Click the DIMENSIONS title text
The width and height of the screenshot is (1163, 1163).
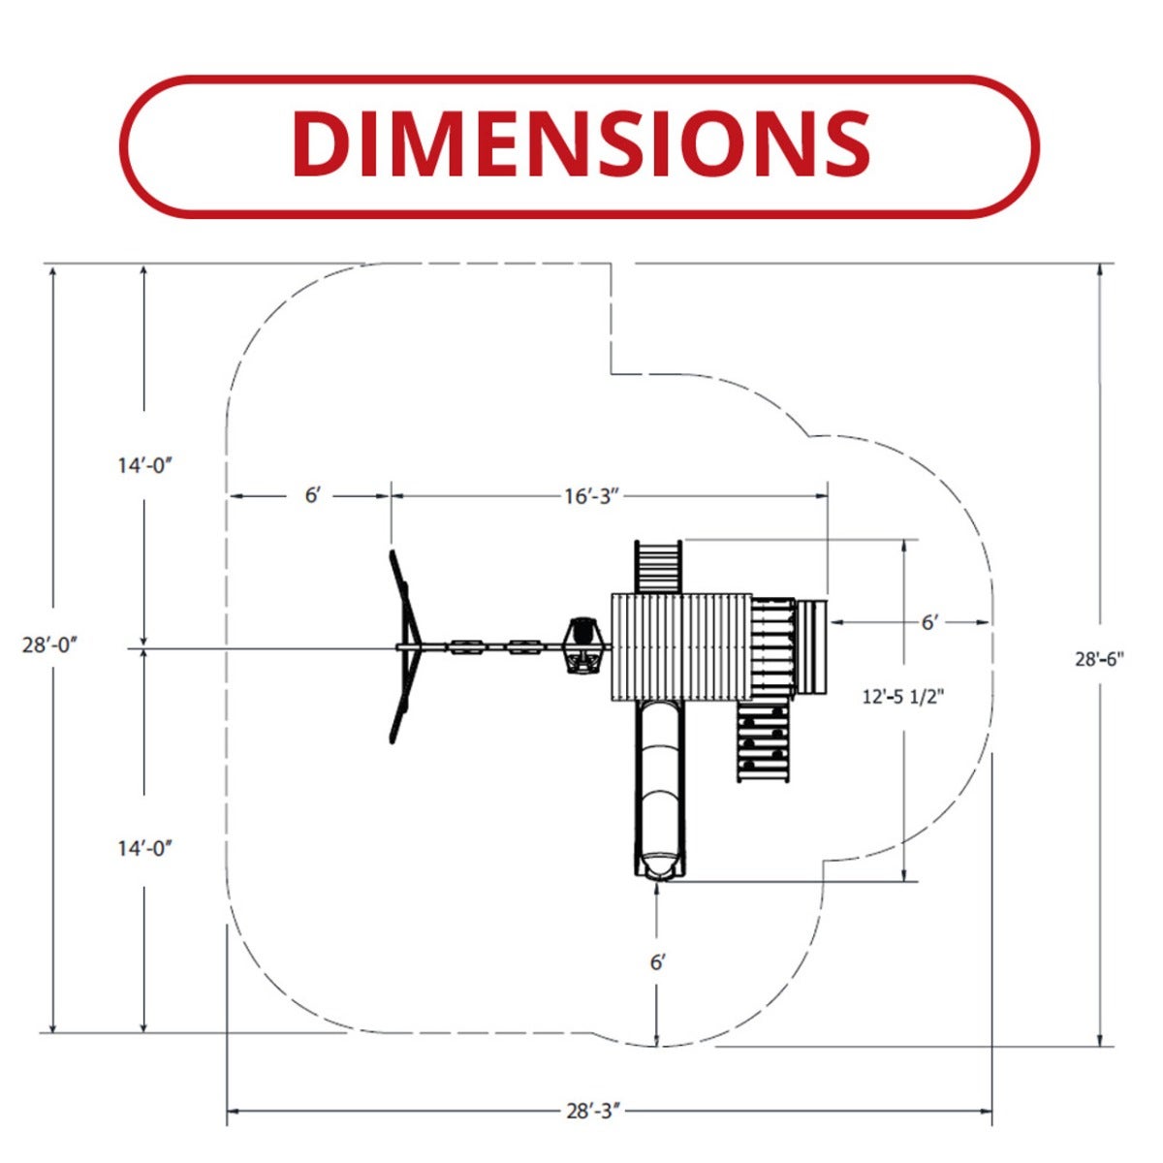[x=581, y=142]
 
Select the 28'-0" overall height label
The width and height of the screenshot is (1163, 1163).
[x=49, y=645]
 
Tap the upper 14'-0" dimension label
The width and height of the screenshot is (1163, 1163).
[x=144, y=465]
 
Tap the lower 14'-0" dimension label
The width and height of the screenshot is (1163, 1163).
[x=144, y=848]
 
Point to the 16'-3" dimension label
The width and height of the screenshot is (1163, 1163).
[x=592, y=496]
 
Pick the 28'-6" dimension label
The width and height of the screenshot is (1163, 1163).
[x=1100, y=659]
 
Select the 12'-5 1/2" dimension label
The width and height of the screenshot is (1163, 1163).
[x=903, y=697]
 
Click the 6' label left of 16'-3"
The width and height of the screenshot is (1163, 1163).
[x=311, y=495]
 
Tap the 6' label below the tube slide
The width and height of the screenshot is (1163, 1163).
[x=657, y=962]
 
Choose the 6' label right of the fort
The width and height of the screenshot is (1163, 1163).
[x=929, y=622]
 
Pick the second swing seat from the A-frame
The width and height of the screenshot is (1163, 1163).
[x=525, y=647]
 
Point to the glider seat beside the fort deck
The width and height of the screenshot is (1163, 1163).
[x=582, y=645]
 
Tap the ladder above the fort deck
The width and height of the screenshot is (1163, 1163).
[x=658, y=567]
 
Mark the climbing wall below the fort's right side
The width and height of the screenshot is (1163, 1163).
[x=763, y=741]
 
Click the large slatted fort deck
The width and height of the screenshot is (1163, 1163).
[x=681, y=647]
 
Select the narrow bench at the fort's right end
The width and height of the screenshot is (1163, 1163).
[x=812, y=647]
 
